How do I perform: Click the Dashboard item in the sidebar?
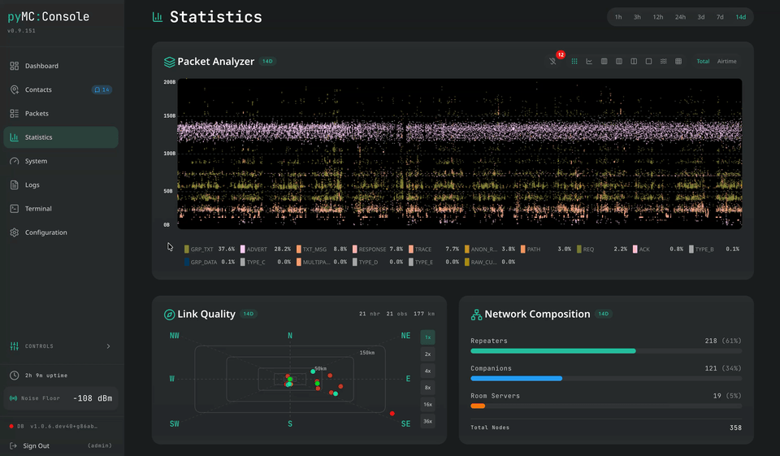click(41, 66)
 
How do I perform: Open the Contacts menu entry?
click(38, 89)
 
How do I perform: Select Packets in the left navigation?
click(37, 114)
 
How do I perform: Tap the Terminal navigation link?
click(38, 209)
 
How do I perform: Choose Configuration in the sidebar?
click(45, 232)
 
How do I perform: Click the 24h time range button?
click(680, 17)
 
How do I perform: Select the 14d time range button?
click(740, 17)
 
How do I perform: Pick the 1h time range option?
click(618, 17)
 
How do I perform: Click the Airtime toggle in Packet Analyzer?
click(726, 62)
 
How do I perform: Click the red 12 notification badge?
click(560, 55)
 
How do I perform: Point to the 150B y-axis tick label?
click(169, 116)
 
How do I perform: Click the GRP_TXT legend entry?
click(202, 250)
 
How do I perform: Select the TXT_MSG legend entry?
click(313, 250)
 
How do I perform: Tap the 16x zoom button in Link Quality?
click(428, 405)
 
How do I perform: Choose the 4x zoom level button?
click(428, 371)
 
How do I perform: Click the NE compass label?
click(405, 336)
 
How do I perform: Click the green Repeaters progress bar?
click(552, 351)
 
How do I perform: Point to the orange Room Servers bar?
click(478, 406)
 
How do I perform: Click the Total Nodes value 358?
click(734, 428)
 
